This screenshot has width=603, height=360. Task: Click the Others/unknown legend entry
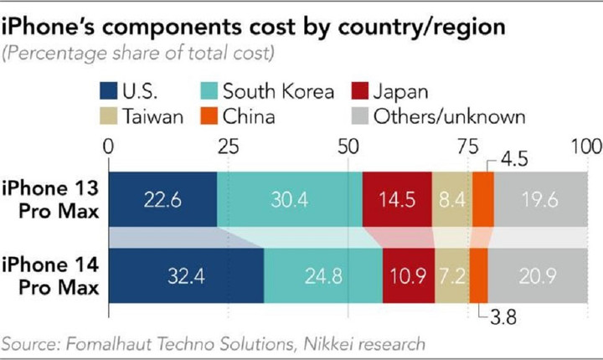pyautogui.click(x=477, y=116)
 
